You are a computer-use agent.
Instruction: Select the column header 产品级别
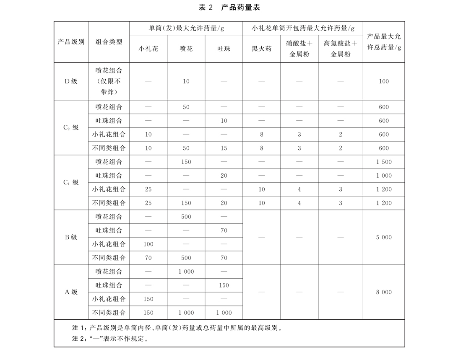pos(71,42)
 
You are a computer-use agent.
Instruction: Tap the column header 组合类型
pos(109,42)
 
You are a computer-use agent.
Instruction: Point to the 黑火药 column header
pos(261,49)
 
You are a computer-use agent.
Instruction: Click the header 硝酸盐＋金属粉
pos(299,49)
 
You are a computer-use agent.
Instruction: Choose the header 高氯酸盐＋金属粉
pos(340,49)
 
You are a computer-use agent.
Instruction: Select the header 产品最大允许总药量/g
pos(384,42)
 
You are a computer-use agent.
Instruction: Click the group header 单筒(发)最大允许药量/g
pos(186,28)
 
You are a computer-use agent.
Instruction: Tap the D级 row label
pos(71,81)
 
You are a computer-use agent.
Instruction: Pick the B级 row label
pos(71,237)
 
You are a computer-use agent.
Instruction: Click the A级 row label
pos(71,292)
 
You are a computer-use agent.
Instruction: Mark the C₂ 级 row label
pos(71,127)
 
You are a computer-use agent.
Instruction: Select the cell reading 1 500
pos(384,162)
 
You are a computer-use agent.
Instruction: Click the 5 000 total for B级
pos(384,237)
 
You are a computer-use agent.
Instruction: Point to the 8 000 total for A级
pos(384,292)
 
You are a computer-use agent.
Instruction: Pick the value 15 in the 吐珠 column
pos(224,148)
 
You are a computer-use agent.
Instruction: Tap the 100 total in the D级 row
pos(384,81)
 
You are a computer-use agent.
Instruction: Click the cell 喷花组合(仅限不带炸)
pos(109,81)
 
